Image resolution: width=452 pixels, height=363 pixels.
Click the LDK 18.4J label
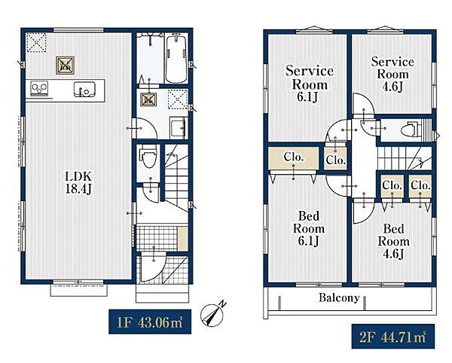point(78,183)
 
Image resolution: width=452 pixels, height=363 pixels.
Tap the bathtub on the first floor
point(176,59)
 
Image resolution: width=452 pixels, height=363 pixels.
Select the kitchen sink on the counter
point(84,89)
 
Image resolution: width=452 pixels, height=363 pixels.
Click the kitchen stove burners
point(39,88)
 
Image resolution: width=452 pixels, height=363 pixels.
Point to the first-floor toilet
point(148,157)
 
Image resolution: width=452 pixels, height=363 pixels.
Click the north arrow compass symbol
point(212,314)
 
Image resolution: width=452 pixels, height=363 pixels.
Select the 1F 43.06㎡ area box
point(150,322)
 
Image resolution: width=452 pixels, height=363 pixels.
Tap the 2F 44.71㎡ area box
point(393,337)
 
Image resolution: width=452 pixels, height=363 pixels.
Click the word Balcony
point(339,297)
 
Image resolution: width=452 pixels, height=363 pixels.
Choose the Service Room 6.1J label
point(309,84)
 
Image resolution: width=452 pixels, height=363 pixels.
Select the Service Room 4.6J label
point(392,74)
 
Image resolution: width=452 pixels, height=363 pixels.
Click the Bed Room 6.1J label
point(309,228)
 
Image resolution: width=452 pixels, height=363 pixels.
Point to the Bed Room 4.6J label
point(393,241)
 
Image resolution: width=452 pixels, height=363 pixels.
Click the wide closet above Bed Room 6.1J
point(294,158)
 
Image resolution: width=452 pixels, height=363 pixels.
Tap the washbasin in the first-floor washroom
point(178,127)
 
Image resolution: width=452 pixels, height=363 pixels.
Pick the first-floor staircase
point(176,178)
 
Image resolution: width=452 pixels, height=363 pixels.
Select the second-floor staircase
point(405,158)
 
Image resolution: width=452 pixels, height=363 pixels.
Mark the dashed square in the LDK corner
point(36,43)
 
